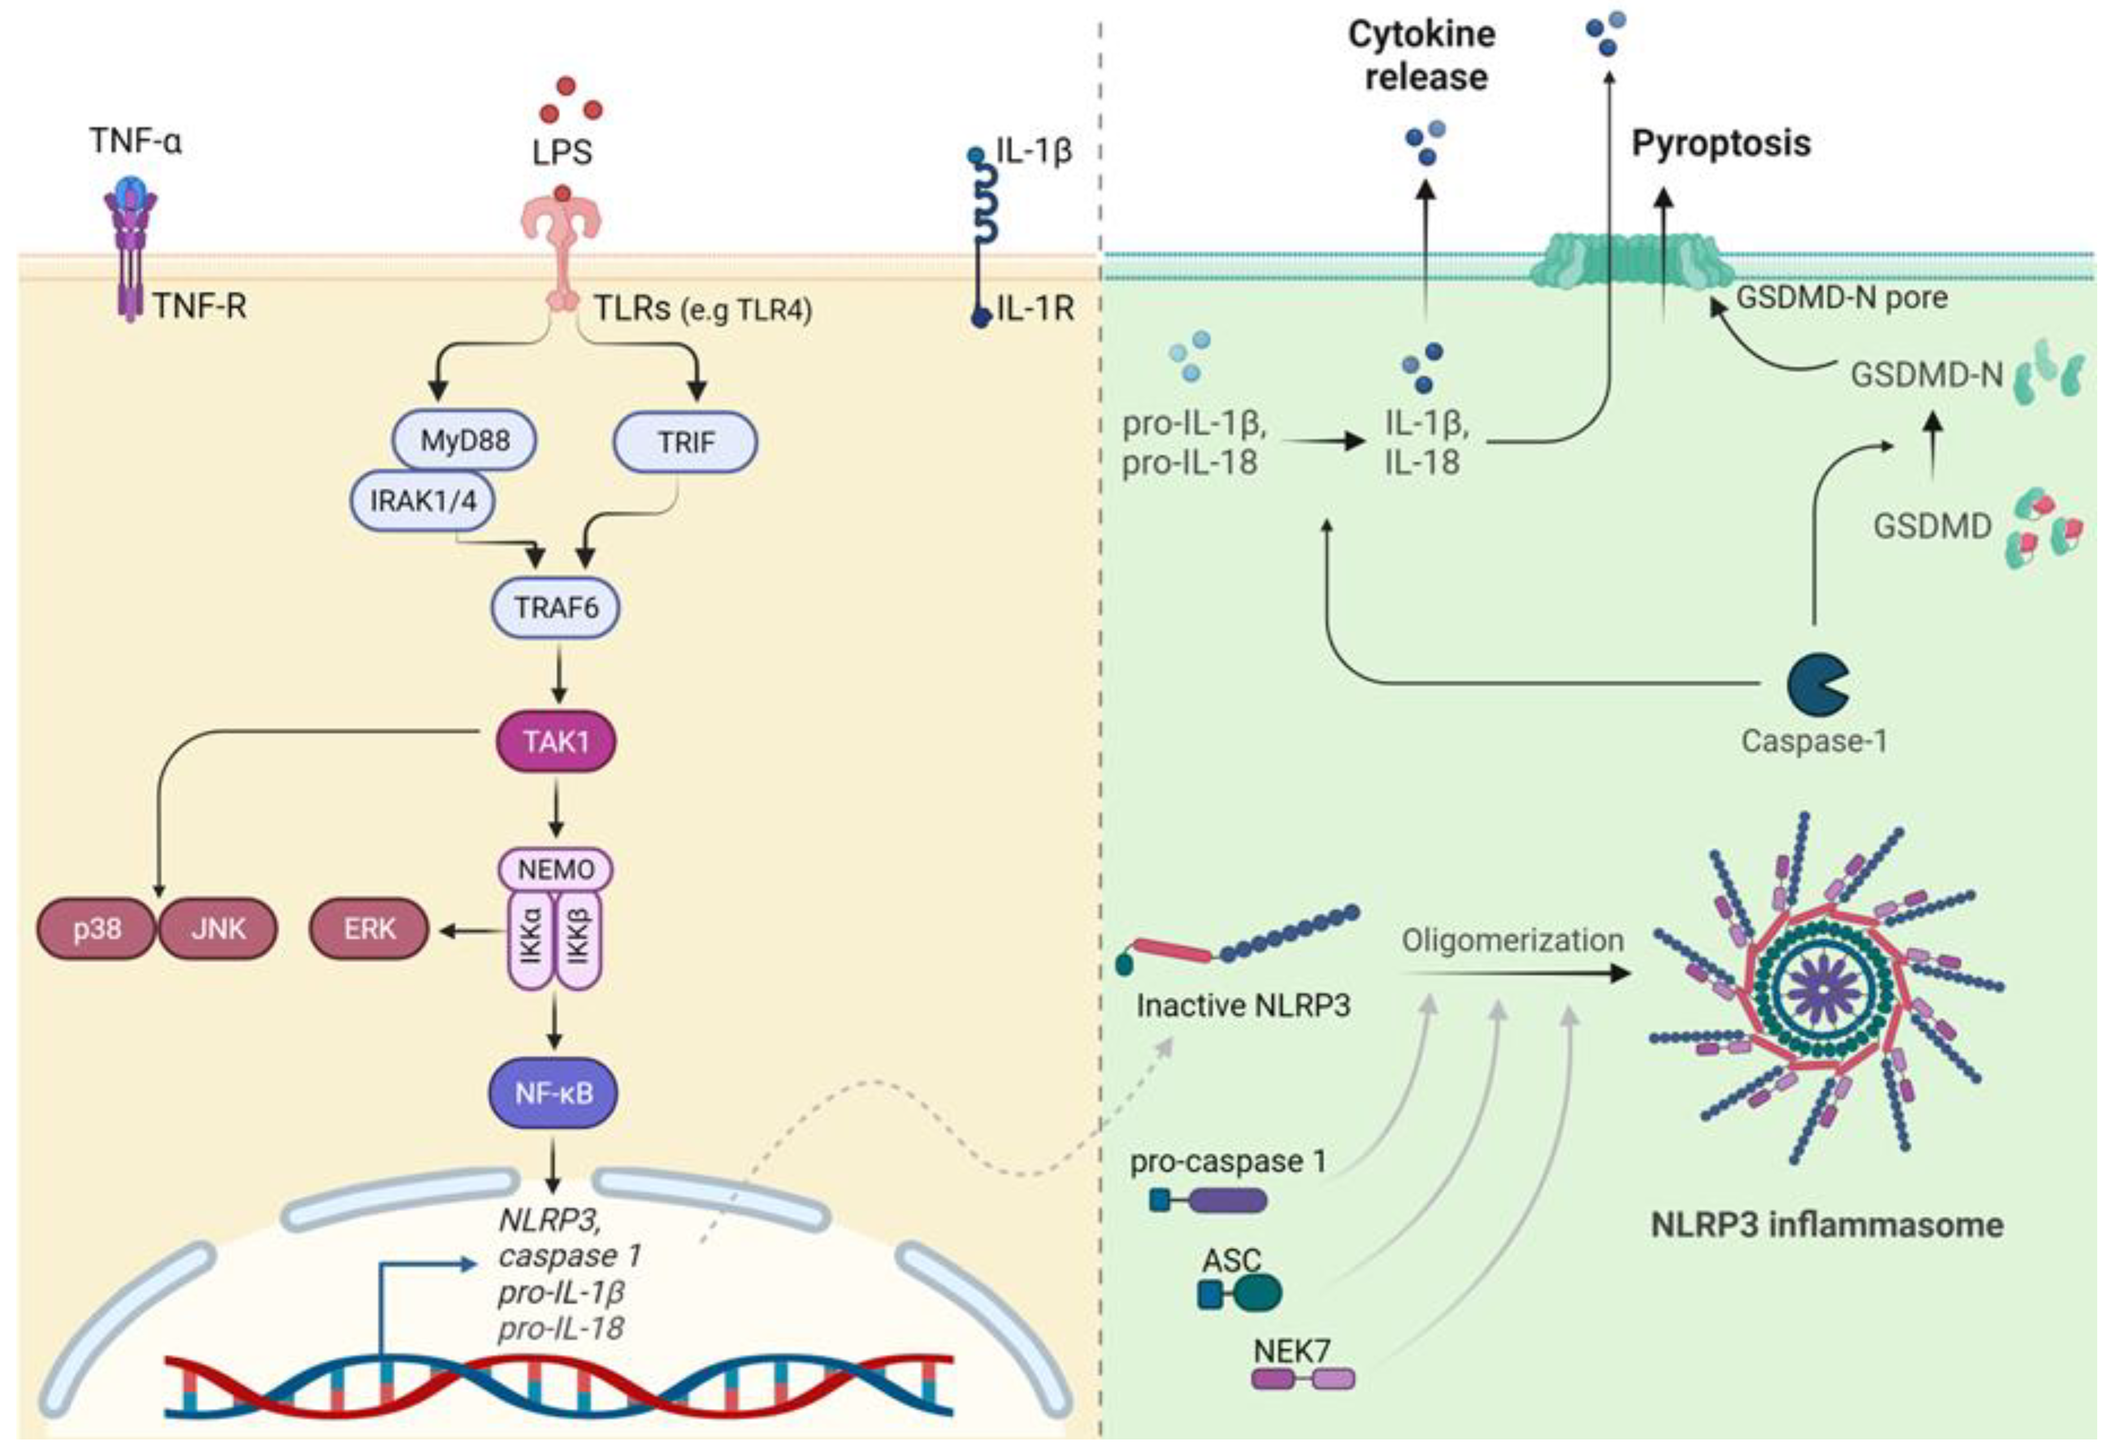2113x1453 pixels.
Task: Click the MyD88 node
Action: pyautogui.click(x=465, y=441)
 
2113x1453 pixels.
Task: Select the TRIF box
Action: pyautogui.click(x=685, y=443)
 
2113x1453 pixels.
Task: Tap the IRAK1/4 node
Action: pyautogui.click(x=423, y=499)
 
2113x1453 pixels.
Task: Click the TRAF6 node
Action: pyautogui.click(x=556, y=606)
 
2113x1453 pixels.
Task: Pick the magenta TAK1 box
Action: pyautogui.click(x=556, y=741)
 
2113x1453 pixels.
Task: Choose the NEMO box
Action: pyautogui.click(x=556, y=869)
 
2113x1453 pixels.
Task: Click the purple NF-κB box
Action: pyautogui.click(x=553, y=1092)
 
